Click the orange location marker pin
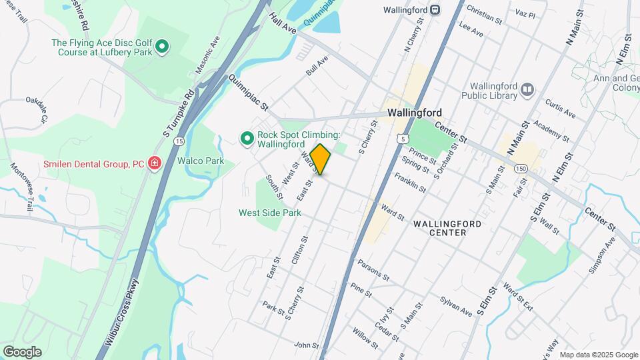(321, 159)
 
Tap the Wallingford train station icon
(435, 9)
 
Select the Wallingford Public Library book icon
(527, 89)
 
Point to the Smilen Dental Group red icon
(155, 163)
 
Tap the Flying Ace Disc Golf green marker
(162, 47)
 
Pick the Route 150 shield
(521, 169)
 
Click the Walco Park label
(201, 161)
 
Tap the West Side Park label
(270, 213)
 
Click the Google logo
(22, 352)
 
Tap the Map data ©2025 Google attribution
(598, 355)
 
